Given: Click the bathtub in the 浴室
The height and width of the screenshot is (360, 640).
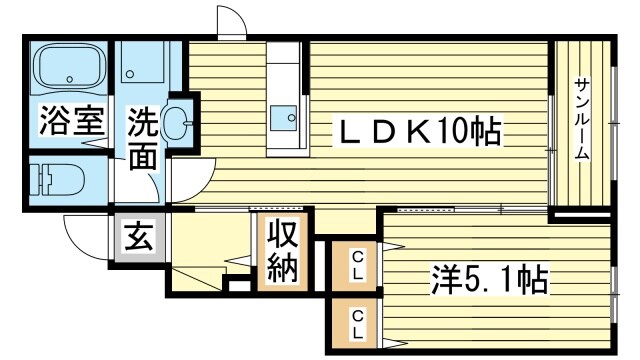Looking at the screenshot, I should coord(66,68).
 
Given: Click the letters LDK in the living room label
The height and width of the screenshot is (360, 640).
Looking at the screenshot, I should coord(386,130).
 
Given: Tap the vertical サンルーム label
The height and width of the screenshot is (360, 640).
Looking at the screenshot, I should coord(582,119).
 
